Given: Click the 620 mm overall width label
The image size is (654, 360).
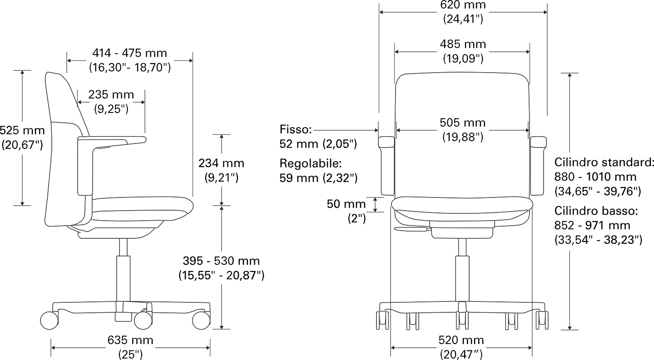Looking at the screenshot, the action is click(x=463, y=5).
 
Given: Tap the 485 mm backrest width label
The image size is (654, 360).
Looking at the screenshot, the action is click(x=463, y=44).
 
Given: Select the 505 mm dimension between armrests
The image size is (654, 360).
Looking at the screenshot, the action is click(x=463, y=123).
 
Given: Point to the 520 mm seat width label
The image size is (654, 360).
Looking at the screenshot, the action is click(x=461, y=340).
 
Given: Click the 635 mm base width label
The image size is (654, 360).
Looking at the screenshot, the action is click(x=130, y=340).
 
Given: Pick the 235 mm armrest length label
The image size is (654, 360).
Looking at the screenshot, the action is click(x=111, y=94).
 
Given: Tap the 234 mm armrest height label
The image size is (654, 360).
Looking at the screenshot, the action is click(x=221, y=163).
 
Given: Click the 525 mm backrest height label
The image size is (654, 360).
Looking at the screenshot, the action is click(x=22, y=130).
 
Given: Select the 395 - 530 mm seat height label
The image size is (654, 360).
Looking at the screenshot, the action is click(x=221, y=261).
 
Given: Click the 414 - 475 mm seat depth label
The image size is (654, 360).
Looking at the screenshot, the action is click(x=129, y=53).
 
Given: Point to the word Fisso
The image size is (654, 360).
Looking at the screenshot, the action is click(x=296, y=129).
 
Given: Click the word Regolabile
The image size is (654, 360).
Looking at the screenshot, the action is click(x=311, y=164).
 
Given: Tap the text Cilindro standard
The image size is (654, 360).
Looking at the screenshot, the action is click(x=604, y=162).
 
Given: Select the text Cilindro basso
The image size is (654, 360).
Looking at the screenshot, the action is click(x=596, y=211).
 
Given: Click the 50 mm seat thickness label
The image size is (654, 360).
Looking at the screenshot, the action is click(x=346, y=204).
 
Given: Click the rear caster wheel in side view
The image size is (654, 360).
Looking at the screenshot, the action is click(x=50, y=321).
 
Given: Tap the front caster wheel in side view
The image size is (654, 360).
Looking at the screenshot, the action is click(x=201, y=321).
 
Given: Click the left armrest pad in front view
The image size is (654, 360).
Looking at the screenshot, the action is click(x=386, y=142).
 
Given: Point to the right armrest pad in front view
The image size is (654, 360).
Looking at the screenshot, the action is click(x=538, y=142).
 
